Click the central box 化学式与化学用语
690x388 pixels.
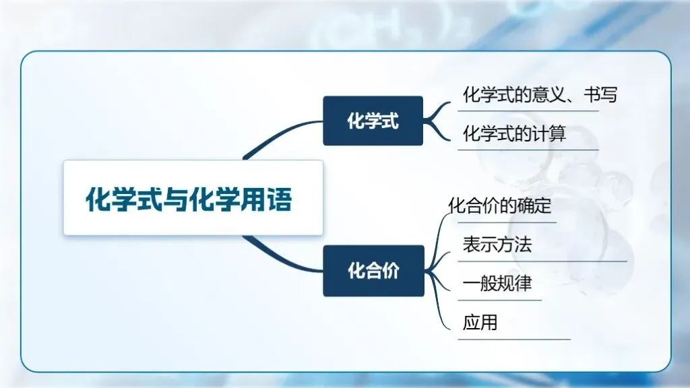(x=193, y=198)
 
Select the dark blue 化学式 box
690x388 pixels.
(x=373, y=121)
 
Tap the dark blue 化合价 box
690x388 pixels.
(x=373, y=271)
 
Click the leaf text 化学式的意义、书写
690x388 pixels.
(x=540, y=95)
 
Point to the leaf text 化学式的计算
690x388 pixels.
(x=514, y=134)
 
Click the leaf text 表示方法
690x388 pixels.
(x=497, y=245)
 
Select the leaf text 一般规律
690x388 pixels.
(x=497, y=284)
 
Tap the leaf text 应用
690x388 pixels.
(x=480, y=323)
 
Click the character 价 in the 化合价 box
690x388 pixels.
(x=390, y=271)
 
